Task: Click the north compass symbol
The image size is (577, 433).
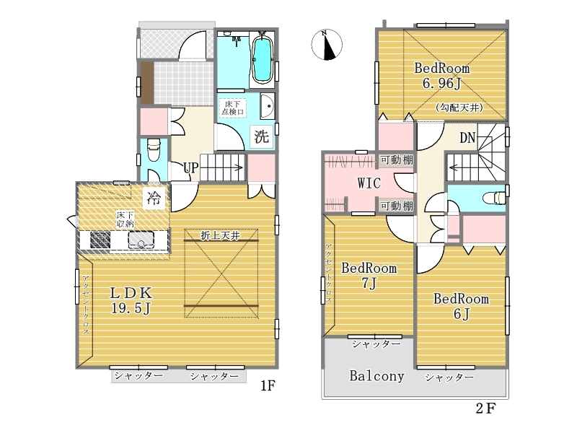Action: coord(327,45)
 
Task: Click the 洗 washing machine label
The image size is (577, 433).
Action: coord(262,137)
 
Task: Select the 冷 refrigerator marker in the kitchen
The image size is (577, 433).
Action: coord(154,198)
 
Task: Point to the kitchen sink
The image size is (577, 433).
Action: coord(141,240)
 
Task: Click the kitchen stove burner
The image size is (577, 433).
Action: coord(100,240)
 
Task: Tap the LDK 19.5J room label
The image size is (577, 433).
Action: coord(131,300)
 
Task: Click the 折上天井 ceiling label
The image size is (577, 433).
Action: coord(221,236)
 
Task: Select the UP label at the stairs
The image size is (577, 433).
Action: coord(191,168)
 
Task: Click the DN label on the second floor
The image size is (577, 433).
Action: coord(467,138)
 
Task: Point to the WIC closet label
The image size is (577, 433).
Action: coord(369,183)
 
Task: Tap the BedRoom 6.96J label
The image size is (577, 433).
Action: coord(442,76)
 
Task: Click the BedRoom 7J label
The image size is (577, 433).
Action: coord(369,276)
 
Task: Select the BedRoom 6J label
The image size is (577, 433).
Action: coord(462,306)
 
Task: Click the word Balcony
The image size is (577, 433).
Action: coord(376,376)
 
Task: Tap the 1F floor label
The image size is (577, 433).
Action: coord(268,385)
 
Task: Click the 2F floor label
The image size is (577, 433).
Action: coord(485,408)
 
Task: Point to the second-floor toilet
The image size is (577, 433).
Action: coord(494,198)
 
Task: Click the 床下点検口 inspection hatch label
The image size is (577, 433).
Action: coord(232,108)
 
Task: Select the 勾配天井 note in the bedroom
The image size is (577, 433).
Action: coord(459,108)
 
